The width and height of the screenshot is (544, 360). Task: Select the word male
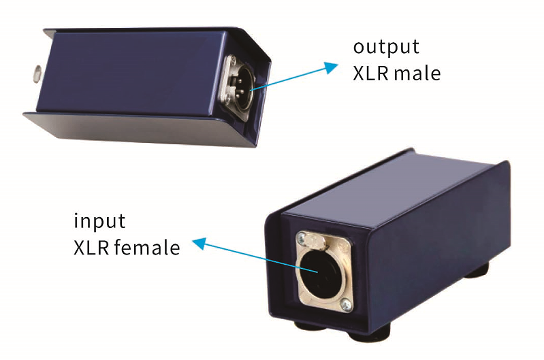416,73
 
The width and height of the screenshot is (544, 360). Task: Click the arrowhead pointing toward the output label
331,66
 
